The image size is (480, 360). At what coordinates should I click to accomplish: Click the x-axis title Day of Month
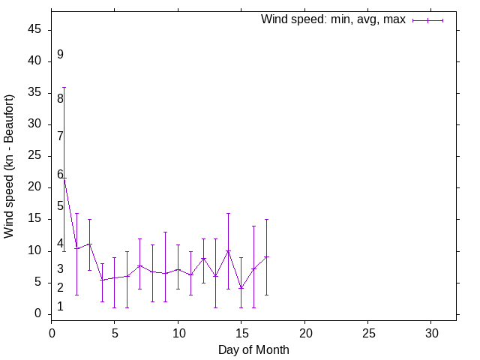253,349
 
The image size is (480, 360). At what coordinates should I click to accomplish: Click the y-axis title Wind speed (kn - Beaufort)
9,166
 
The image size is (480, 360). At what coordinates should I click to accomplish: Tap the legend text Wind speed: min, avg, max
333,19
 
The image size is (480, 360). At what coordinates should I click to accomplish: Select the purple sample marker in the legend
427,20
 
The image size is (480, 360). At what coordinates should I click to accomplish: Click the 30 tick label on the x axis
430,331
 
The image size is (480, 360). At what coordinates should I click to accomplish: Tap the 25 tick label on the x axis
367,331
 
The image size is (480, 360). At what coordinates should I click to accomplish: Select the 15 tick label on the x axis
241,331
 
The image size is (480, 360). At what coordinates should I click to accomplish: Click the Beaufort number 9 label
60,55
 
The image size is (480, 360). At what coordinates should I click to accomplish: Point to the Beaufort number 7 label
60,136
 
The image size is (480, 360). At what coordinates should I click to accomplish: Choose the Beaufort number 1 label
60,307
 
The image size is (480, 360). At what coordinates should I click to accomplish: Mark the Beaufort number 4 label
60,244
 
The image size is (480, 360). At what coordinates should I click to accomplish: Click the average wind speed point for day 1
64,178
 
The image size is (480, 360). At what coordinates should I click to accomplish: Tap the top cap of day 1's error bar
64,87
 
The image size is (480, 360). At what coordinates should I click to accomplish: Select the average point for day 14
229,250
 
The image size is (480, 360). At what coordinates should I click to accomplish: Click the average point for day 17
266,256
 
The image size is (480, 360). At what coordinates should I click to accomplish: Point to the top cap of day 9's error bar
165,232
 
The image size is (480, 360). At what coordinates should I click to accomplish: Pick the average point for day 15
241,288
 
